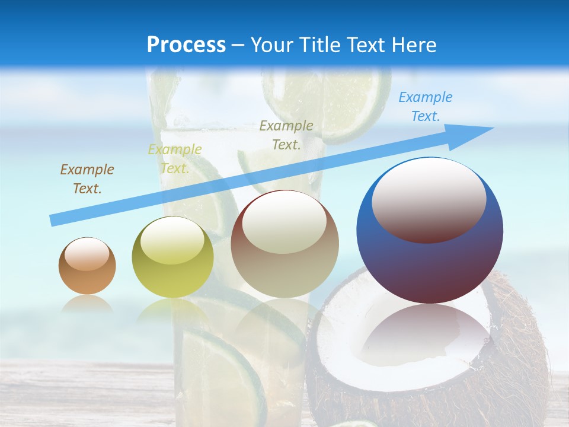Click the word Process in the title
click(186, 45)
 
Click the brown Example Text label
click(87, 179)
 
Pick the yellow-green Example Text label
click(175, 159)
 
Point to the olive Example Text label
click(286, 135)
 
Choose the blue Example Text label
click(426, 107)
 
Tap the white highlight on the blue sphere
click(429, 199)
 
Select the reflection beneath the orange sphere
click(87, 304)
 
